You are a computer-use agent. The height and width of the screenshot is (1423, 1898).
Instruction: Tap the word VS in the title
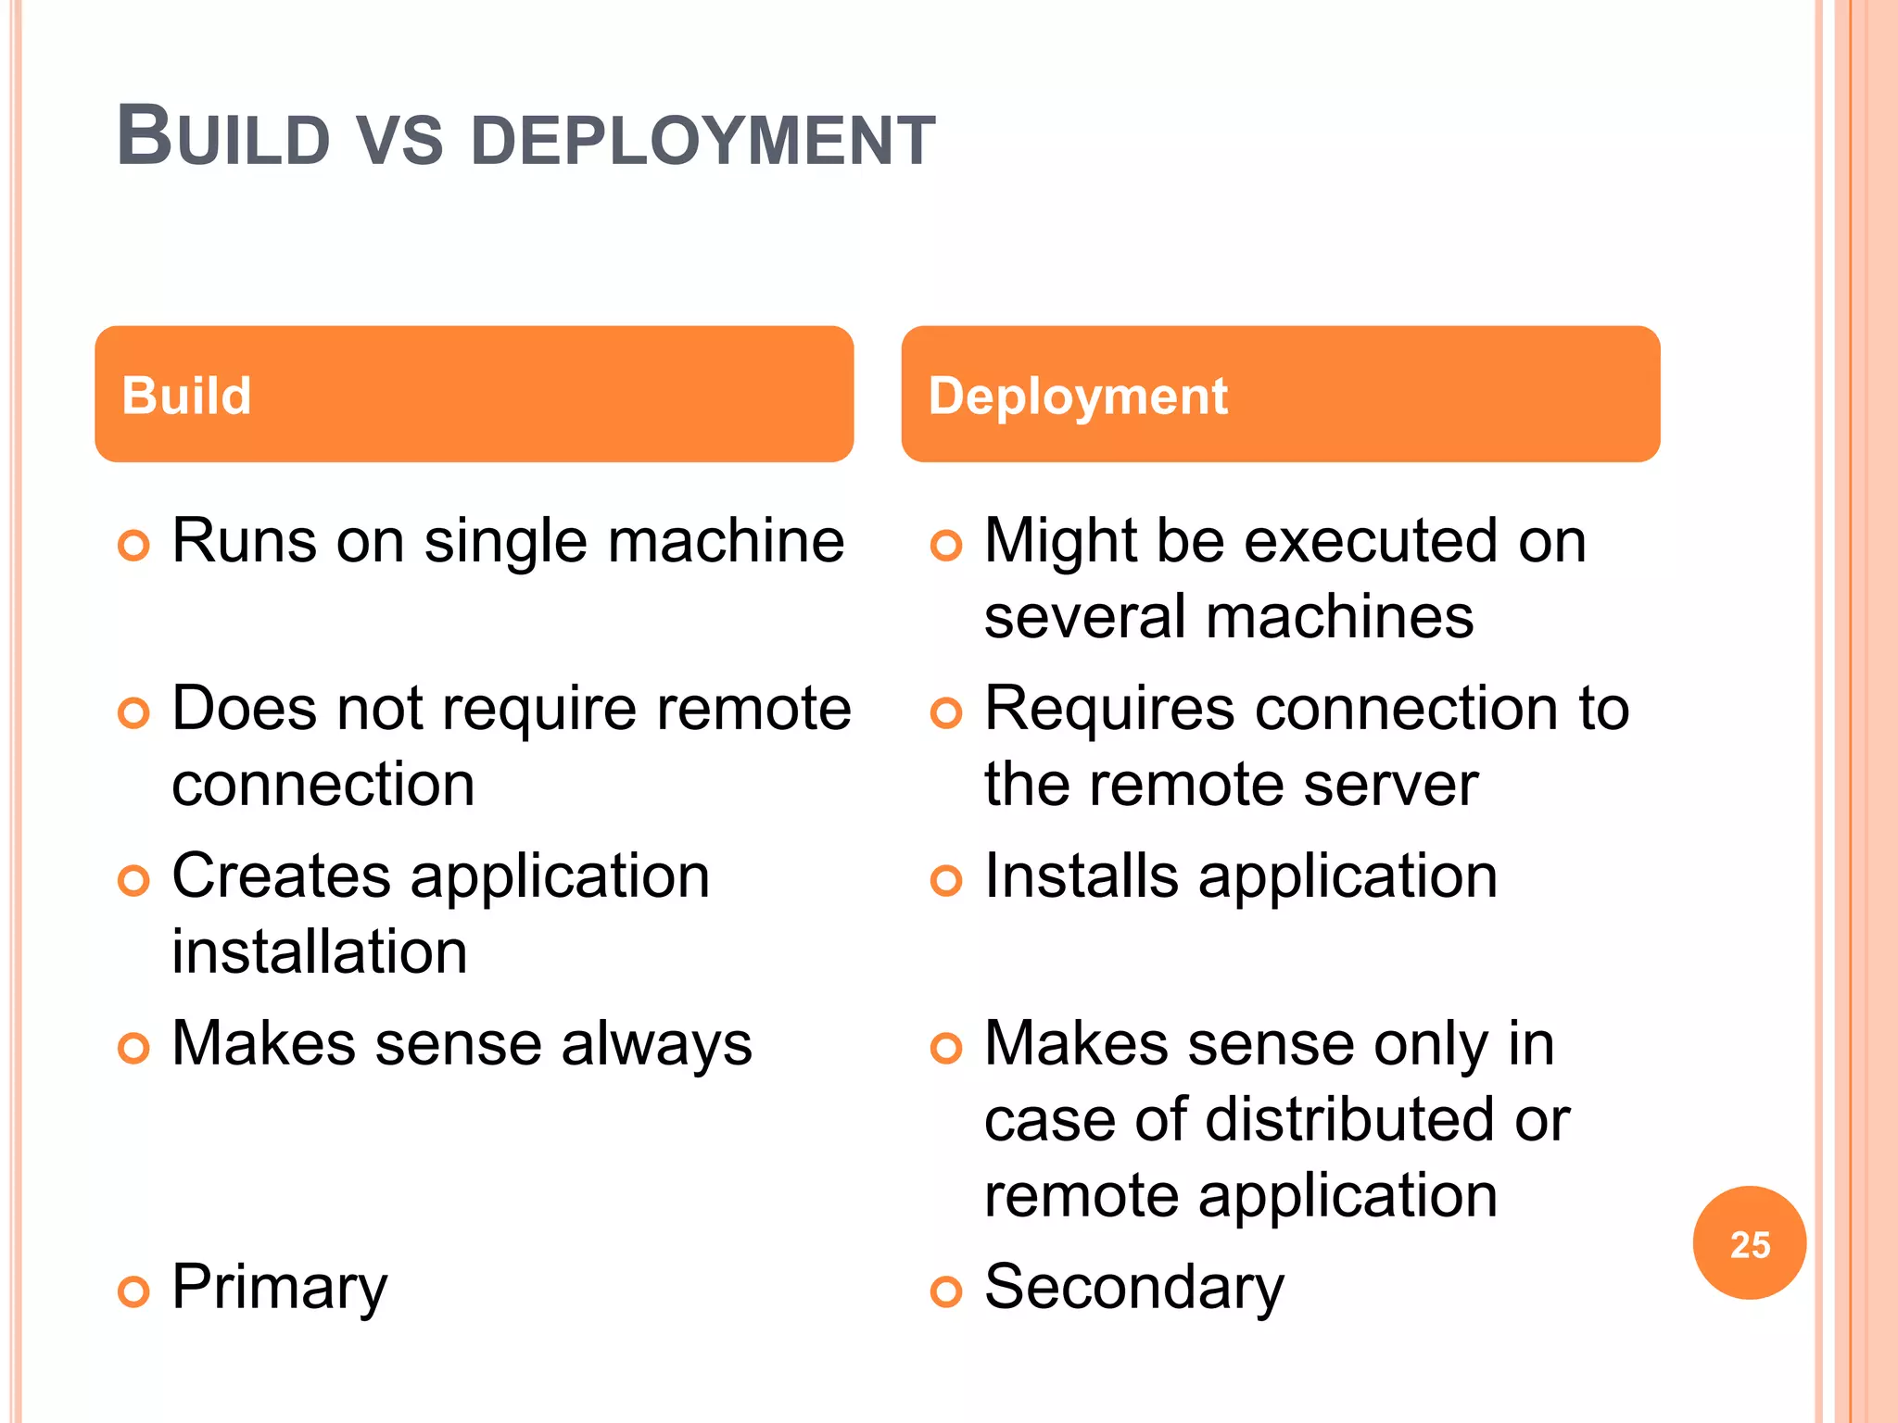pyautogui.click(x=399, y=141)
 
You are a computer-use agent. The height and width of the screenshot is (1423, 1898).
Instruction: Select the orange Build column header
pyautogui.click(x=474, y=394)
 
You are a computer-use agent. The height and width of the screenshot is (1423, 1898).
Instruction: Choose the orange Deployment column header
pyautogui.click(x=1280, y=394)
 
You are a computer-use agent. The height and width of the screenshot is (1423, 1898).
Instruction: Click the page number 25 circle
pyautogui.click(x=1749, y=1243)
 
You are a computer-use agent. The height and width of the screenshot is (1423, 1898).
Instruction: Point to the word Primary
pyautogui.click(x=279, y=1287)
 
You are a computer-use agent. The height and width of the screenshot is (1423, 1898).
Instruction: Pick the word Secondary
pyautogui.click(x=1133, y=1287)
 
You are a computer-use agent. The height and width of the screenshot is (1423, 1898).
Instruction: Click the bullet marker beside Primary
pyautogui.click(x=133, y=1291)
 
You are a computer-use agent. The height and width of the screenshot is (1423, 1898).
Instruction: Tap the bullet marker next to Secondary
pyautogui.click(x=945, y=1291)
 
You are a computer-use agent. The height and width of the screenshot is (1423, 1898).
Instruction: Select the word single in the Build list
pyautogui.click(x=505, y=542)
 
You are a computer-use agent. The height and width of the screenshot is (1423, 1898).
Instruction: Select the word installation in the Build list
pyautogui.click(x=320, y=951)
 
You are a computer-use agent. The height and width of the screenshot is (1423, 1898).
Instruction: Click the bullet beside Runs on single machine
pyautogui.click(x=133, y=546)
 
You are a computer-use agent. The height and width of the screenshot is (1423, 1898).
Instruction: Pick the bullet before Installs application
pyautogui.click(x=945, y=880)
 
